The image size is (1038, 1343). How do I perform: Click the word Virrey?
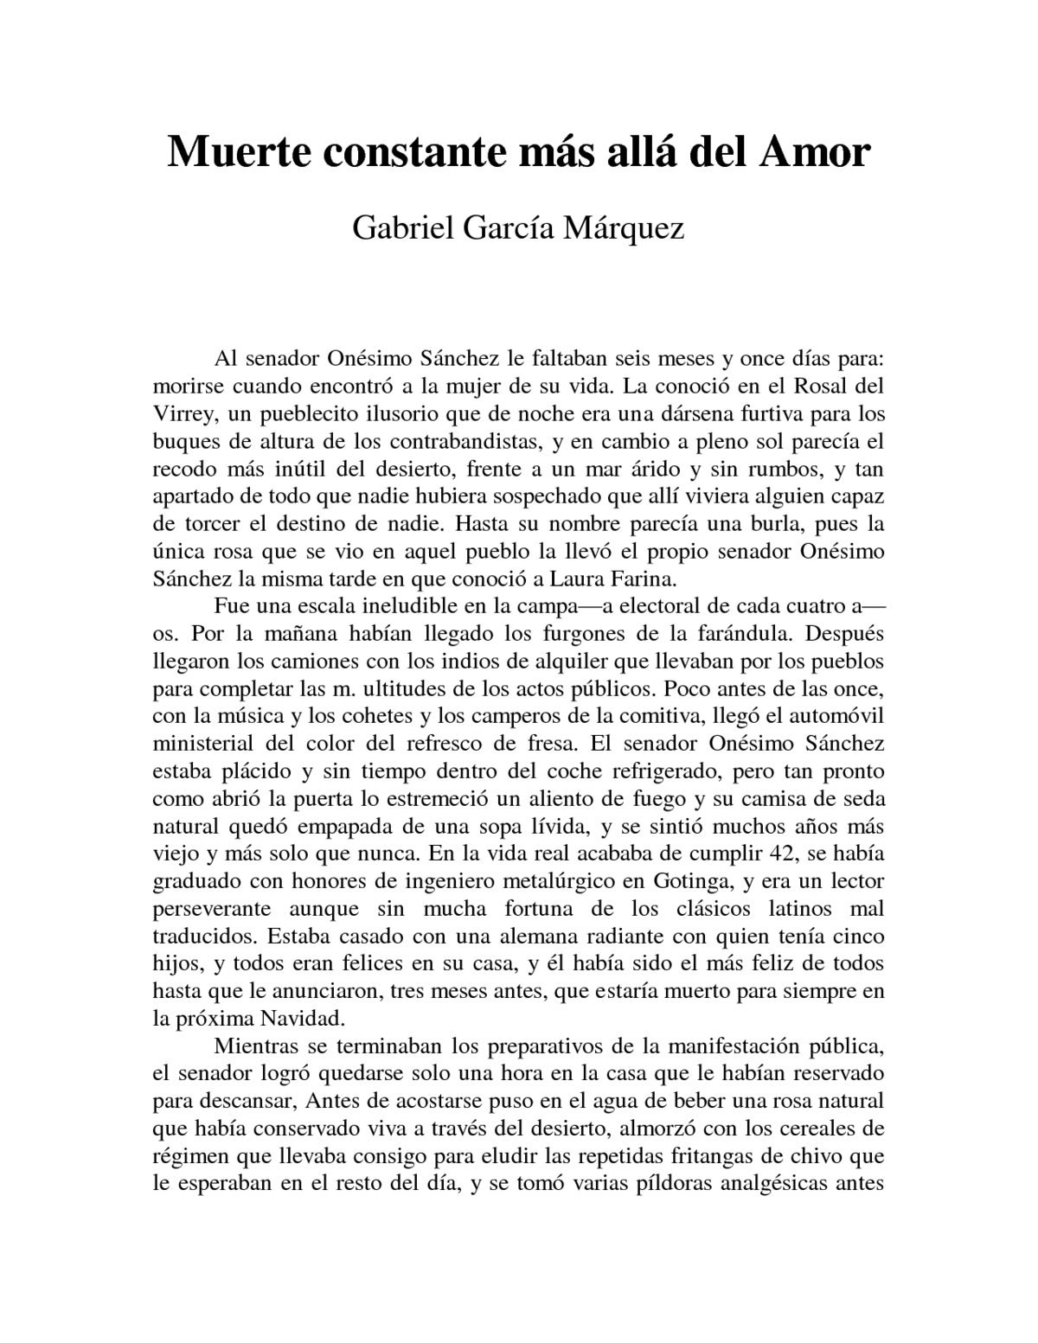pos(182,414)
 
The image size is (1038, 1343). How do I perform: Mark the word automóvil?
pos(830,715)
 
